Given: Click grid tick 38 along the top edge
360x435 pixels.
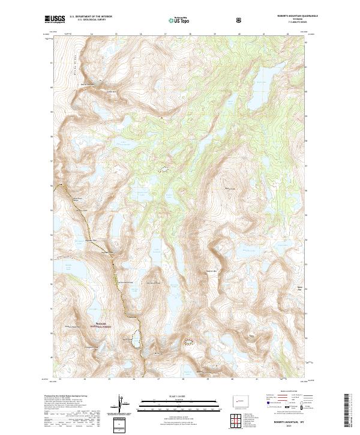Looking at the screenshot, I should click(x=190, y=35).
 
